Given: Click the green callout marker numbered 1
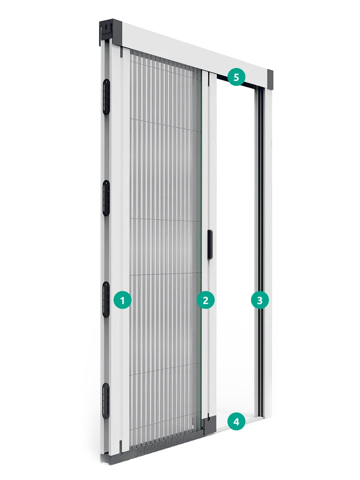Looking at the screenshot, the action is click(x=123, y=300).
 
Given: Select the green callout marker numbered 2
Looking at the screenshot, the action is click(x=206, y=300).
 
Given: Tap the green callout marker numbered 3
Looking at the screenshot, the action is click(x=260, y=300).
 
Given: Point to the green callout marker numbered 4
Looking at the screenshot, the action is click(x=236, y=422).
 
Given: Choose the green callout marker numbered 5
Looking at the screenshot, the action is click(x=236, y=77).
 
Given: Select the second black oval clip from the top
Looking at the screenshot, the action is click(x=106, y=198).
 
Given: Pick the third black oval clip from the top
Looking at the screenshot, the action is click(x=106, y=299).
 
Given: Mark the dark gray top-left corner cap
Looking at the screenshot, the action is click(x=110, y=32).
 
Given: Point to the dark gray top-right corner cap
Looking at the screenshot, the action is click(x=270, y=80).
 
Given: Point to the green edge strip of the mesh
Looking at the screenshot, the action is click(x=201, y=245).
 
